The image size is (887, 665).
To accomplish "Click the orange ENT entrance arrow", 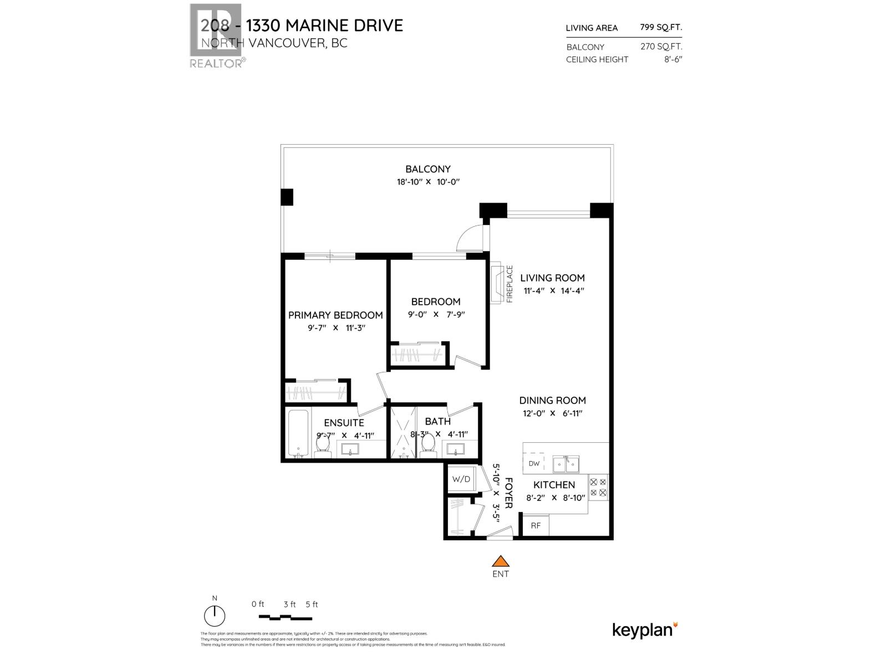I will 501,561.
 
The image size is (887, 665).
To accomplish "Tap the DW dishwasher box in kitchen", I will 534,463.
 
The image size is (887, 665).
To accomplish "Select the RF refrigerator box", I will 536,525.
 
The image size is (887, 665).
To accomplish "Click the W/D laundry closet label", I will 461,479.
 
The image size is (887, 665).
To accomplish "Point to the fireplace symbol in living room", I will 497,283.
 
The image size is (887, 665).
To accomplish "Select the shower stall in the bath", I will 403,433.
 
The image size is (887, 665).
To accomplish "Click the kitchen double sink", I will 566,463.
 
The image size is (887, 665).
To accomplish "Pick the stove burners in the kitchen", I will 598,487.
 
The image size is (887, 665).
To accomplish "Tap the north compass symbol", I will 215,616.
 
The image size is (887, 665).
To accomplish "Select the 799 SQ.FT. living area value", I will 661,27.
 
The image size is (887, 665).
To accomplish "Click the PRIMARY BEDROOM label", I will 335,315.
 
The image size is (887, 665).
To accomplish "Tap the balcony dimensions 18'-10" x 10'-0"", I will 429,182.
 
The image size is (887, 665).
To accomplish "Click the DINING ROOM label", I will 552,400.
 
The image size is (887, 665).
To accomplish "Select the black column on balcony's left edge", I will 287,197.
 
